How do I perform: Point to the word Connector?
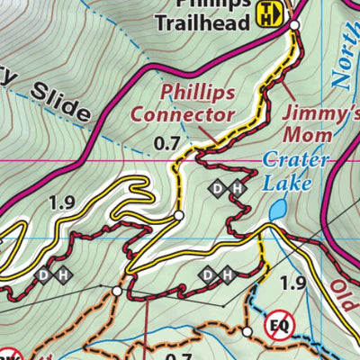pyautogui.click(x=184, y=114)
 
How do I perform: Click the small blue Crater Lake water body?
pyautogui.click(x=278, y=210)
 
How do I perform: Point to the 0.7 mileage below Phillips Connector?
pyautogui.click(x=167, y=141)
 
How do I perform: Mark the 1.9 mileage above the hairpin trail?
pyautogui.click(x=63, y=203)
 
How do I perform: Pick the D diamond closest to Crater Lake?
pyautogui.click(x=218, y=189)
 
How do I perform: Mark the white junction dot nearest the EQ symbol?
pyautogui.click(x=247, y=332)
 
